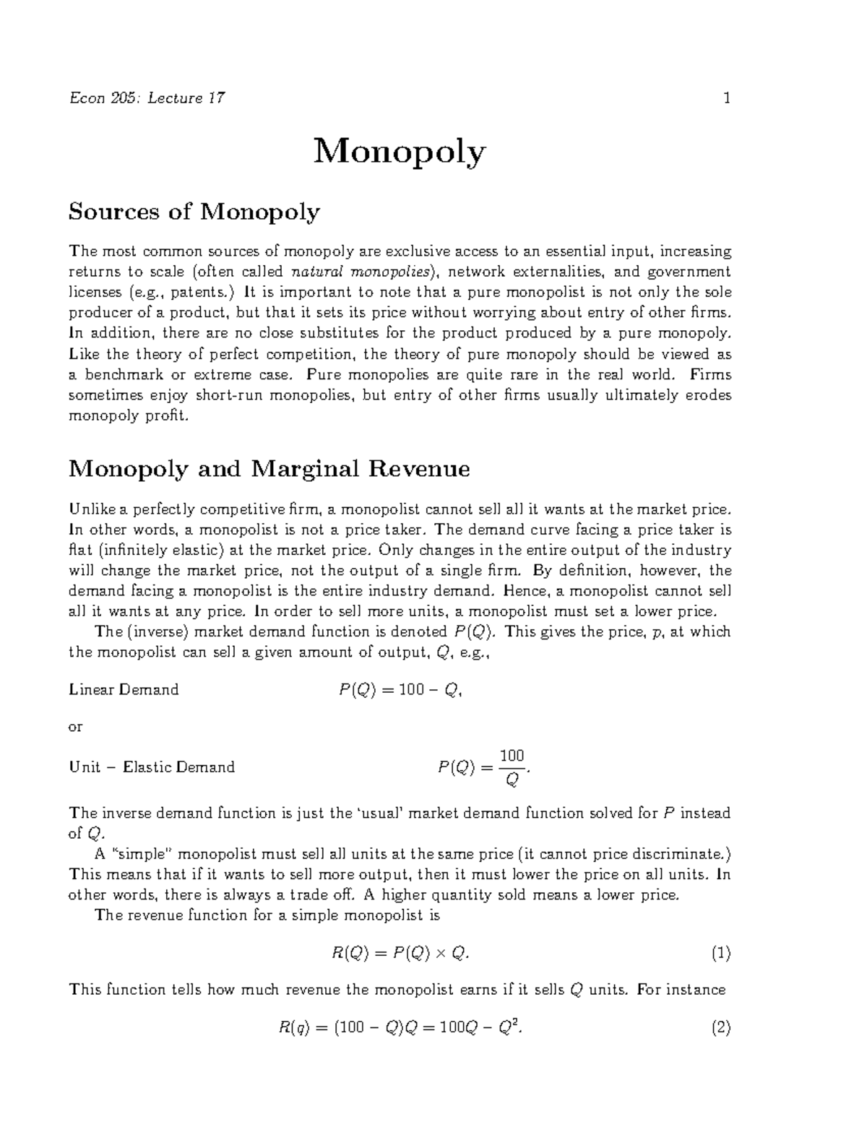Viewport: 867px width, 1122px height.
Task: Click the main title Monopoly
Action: (400, 152)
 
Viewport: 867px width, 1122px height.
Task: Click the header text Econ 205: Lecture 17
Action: (147, 98)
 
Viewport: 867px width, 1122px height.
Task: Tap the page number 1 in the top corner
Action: (727, 98)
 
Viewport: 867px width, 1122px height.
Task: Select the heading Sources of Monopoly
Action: (194, 212)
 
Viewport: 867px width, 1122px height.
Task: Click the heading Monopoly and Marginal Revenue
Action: (269, 469)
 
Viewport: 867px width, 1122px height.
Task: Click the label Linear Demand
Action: (124, 689)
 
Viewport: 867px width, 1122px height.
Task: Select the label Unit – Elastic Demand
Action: (152, 767)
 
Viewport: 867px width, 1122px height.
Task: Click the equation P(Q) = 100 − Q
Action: (400, 690)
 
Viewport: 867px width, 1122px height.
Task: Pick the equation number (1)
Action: (720, 953)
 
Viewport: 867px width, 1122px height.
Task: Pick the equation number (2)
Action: (720, 1027)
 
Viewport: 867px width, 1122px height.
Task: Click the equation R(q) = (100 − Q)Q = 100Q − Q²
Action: (400, 1027)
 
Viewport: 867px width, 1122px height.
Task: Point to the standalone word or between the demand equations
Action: (75, 727)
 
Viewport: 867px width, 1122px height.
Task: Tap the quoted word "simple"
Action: (142, 854)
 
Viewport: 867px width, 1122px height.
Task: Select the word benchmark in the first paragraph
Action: (121, 374)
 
